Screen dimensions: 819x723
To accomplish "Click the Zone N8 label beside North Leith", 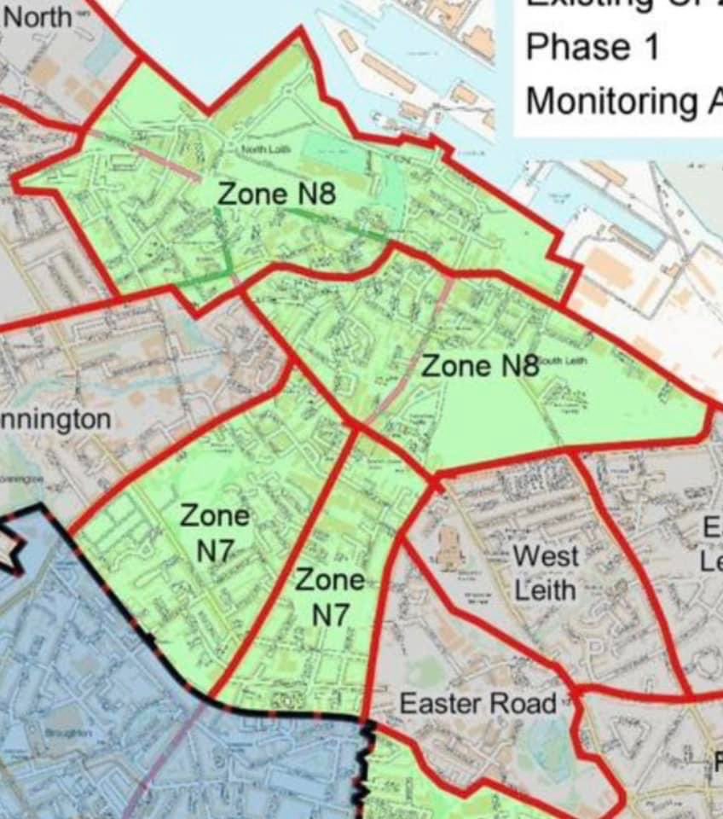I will (276, 194).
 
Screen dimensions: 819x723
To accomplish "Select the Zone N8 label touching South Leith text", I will (480, 366).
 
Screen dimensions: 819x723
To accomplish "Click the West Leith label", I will (546, 572).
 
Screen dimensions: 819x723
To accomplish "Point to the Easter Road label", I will (477, 704).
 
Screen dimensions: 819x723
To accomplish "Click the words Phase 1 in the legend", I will (593, 46).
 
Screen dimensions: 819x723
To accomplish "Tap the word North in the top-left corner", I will (38, 17).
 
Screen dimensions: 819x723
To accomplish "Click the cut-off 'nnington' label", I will (55, 420).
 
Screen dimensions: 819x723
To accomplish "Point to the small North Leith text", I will (266, 150).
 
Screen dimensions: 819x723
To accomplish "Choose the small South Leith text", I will (563, 360).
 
